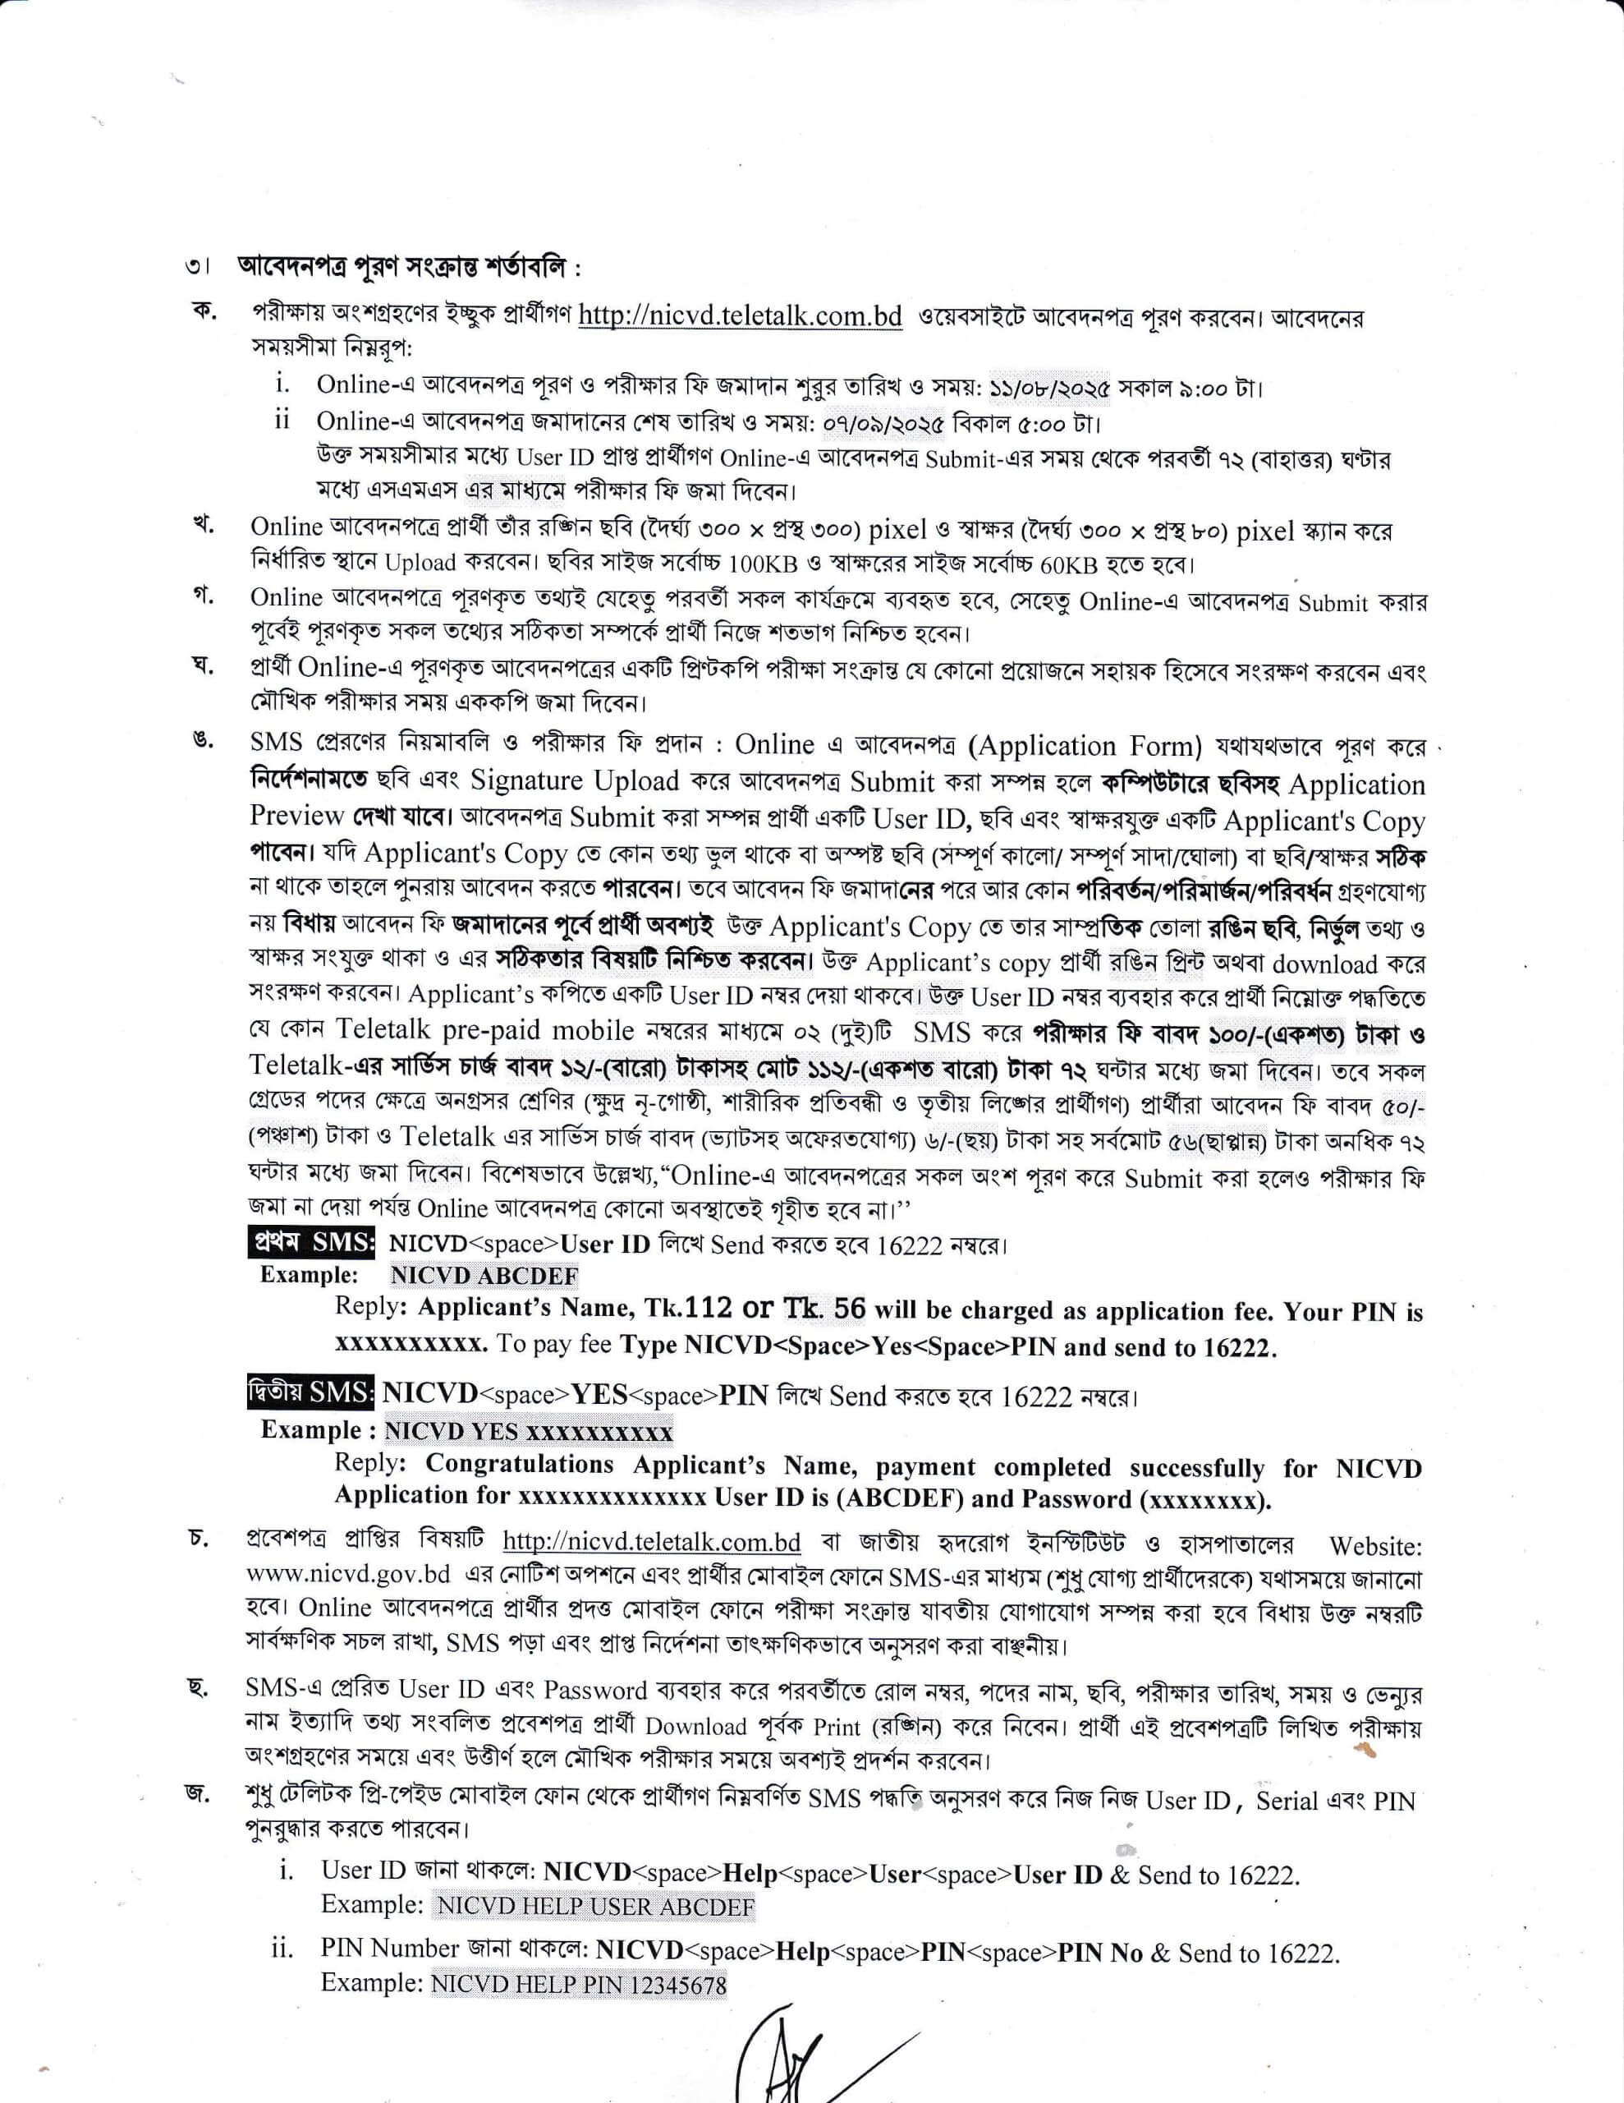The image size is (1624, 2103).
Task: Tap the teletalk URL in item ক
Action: click(x=739, y=317)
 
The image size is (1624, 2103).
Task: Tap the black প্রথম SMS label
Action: click(x=311, y=1242)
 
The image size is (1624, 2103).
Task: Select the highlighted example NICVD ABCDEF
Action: click(x=484, y=1276)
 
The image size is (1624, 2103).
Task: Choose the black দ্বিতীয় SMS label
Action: click(x=310, y=1393)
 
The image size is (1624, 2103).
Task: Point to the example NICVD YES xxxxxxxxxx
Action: click(x=529, y=1431)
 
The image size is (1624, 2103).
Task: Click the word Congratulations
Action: click(x=519, y=1464)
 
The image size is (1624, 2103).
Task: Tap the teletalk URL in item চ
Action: click(x=652, y=1542)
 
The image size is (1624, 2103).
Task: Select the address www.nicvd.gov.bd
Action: click(x=348, y=1576)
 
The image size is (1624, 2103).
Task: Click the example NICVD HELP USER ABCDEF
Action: click(x=595, y=1906)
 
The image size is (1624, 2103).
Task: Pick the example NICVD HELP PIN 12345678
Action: click(x=579, y=1985)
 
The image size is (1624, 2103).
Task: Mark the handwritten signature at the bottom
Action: click(x=799, y=2060)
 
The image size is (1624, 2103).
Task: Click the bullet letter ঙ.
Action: click(x=201, y=739)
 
